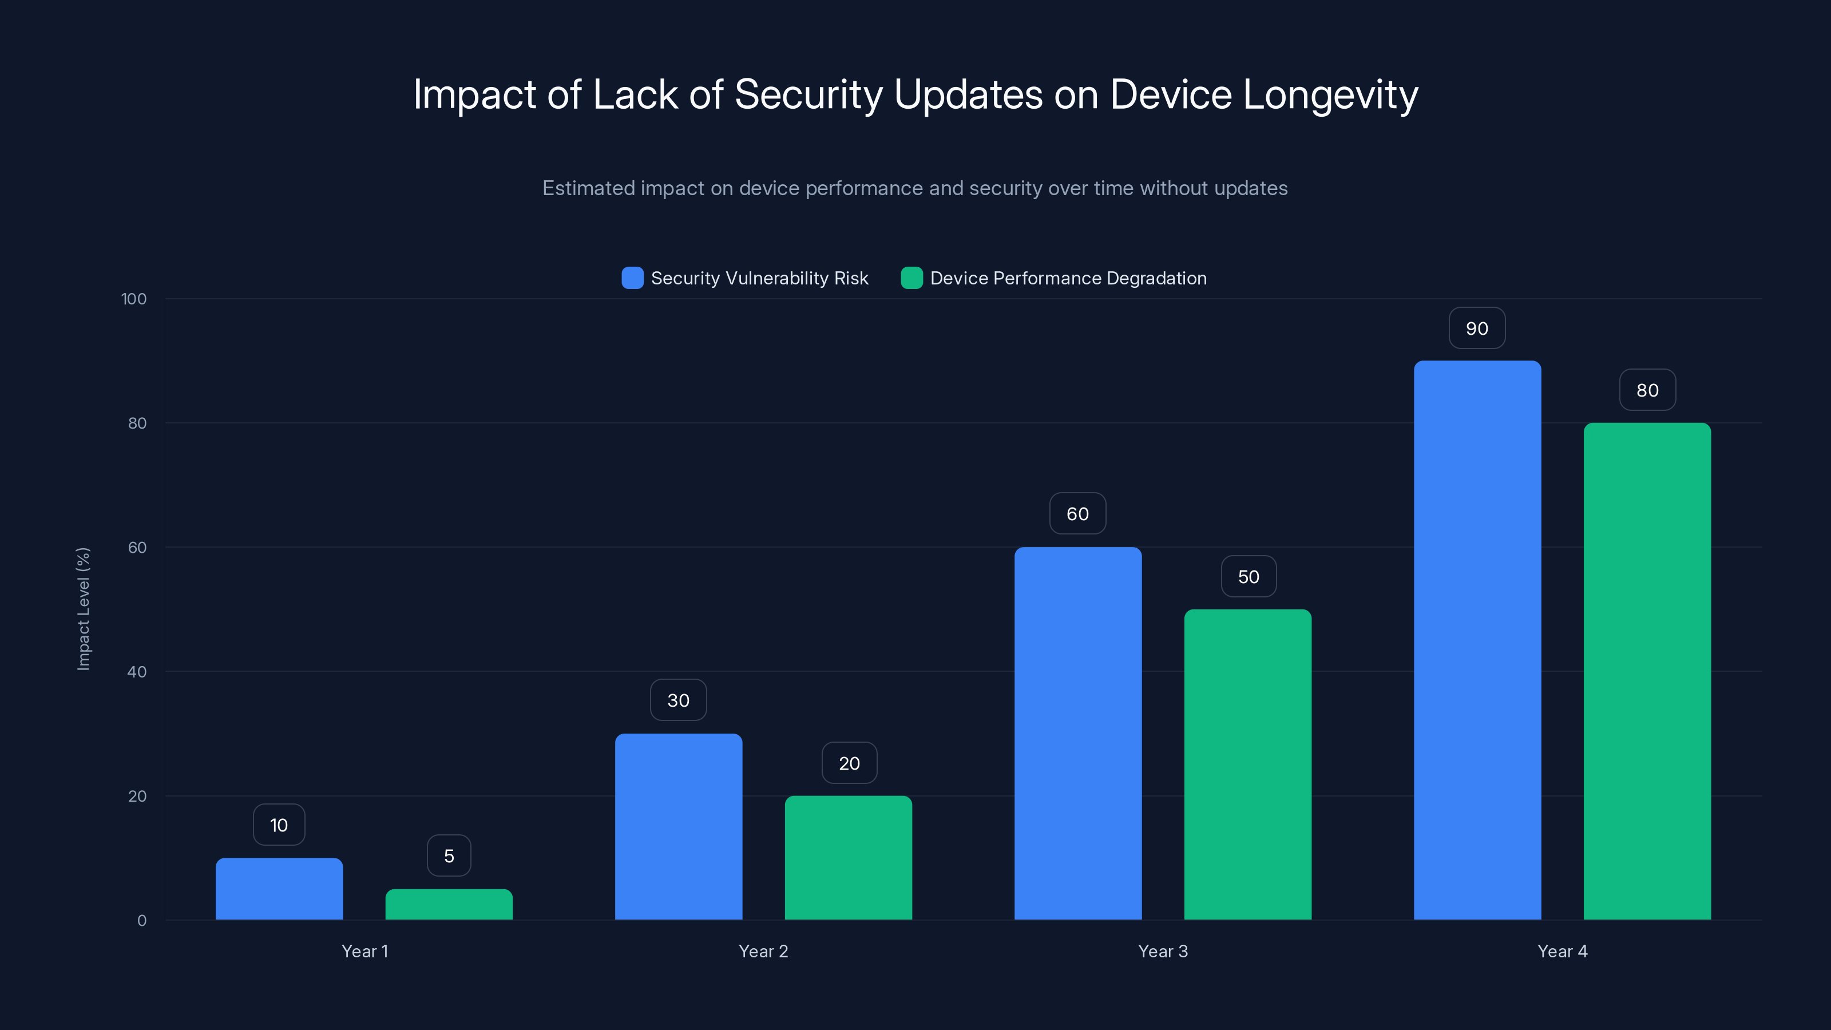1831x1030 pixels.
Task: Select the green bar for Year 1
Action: coord(449,904)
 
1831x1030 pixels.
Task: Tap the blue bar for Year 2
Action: coord(678,827)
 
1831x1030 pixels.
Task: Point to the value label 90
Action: coord(1476,328)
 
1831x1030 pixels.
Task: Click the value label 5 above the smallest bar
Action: coord(449,856)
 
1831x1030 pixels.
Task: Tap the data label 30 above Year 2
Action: coord(678,700)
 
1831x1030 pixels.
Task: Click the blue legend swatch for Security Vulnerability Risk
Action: coord(632,278)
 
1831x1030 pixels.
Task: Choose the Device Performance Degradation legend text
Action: coord(1068,278)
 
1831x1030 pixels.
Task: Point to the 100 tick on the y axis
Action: coord(134,299)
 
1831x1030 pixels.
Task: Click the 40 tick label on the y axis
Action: coord(137,672)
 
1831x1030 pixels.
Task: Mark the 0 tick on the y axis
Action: coord(141,921)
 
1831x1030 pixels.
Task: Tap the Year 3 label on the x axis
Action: coord(1162,951)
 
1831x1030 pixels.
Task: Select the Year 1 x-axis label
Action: coord(364,951)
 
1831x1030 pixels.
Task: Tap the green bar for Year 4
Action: coord(1647,671)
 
